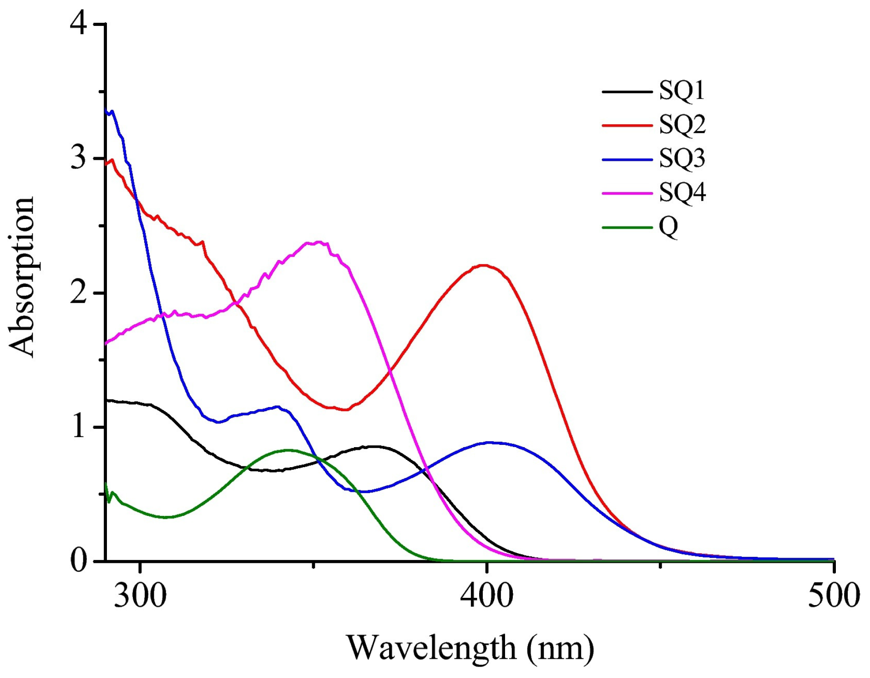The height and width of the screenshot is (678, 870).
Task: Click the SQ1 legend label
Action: pyautogui.click(x=681, y=91)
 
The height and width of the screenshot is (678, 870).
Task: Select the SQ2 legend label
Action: pyautogui.click(x=682, y=124)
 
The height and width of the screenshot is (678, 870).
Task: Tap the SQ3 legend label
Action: pyautogui.click(x=682, y=158)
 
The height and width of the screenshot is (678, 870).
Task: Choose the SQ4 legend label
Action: pyautogui.click(x=682, y=192)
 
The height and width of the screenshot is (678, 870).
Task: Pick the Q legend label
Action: pyautogui.click(x=668, y=226)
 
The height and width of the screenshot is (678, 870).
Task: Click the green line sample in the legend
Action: pyautogui.click(x=627, y=227)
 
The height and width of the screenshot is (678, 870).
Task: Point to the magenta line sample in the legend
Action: pyautogui.click(x=627, y=193)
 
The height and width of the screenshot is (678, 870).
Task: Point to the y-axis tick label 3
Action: pyautogui.click(x=78, y=158)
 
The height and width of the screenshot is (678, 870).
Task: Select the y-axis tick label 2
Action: pyautogui.click(x=78, y=292)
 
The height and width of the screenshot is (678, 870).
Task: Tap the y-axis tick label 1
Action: pyautogui.click(x=78, y=426)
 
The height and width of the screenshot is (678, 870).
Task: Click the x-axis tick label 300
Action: pyautogui.click(x=140, y=595)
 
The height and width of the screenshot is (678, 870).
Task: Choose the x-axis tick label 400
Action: pyautogui.click(x=486, y=595)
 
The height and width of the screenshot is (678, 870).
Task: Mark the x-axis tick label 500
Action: pyautogui.click(x=833, y=595)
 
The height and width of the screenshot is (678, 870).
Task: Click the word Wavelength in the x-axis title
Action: pyautogui.click(x=431, y=647)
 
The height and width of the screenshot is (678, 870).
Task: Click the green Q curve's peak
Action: pyautogui.click(x=287, y=450)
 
